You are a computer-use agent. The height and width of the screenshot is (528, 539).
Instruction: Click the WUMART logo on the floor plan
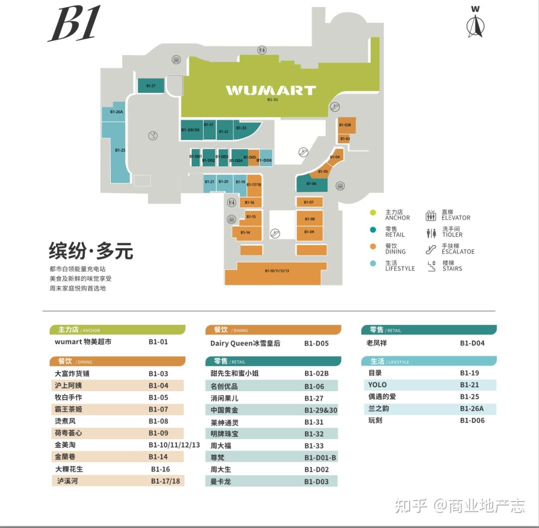coord(270,90)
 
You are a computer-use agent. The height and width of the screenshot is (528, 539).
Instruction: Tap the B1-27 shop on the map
coord(151,86)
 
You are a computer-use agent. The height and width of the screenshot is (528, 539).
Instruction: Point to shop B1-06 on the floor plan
coord(311,184)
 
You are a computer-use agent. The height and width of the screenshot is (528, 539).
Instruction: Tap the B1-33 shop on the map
coord(243,128)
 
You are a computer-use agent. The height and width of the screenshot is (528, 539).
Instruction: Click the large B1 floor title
coord(74,24)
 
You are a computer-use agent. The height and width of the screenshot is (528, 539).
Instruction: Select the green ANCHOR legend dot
coord(373,213)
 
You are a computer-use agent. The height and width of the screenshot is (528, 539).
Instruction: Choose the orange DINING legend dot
coord(373,246)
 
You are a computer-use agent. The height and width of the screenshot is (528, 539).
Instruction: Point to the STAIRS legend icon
coord(432,266)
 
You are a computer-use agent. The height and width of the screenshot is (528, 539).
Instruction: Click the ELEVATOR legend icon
coord(431,216)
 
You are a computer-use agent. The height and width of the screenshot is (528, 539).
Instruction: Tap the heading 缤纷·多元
coord(91,251)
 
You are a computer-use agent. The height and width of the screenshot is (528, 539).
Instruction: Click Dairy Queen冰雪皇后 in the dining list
coord(245,344)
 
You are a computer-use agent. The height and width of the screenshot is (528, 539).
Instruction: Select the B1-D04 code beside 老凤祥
coord(472,343)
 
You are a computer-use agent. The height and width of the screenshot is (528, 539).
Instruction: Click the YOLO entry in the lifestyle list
coord(377,385)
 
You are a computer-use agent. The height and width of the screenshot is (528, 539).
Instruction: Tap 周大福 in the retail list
coord(221,445)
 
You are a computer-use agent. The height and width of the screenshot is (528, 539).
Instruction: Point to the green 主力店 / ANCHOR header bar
coord(117,330)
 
